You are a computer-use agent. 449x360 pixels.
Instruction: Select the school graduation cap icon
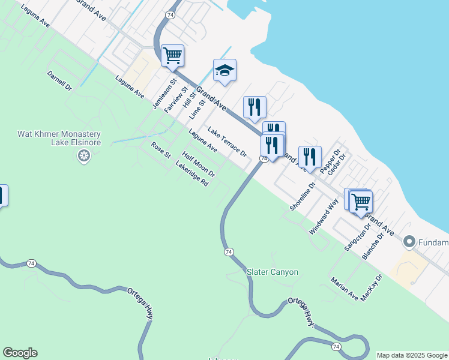coord(224,71)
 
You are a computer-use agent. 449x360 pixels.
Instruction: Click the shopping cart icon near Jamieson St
coord(172,56)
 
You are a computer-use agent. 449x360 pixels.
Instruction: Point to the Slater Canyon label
coord(273,272)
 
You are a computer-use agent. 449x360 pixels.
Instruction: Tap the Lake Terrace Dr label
coord(228,142)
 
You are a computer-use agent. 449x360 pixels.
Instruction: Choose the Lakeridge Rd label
coord(191,174)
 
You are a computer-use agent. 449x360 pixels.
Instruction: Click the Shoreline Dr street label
coord(302,196)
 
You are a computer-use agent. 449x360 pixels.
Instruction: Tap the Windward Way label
coord(324,216)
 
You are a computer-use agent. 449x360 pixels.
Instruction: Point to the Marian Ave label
coord(344,289)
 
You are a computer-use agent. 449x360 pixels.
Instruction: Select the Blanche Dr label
coord(373,247)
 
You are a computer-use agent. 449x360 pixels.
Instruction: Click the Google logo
coord(20,353)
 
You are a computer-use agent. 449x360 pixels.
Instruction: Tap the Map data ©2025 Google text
coord(412,355)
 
